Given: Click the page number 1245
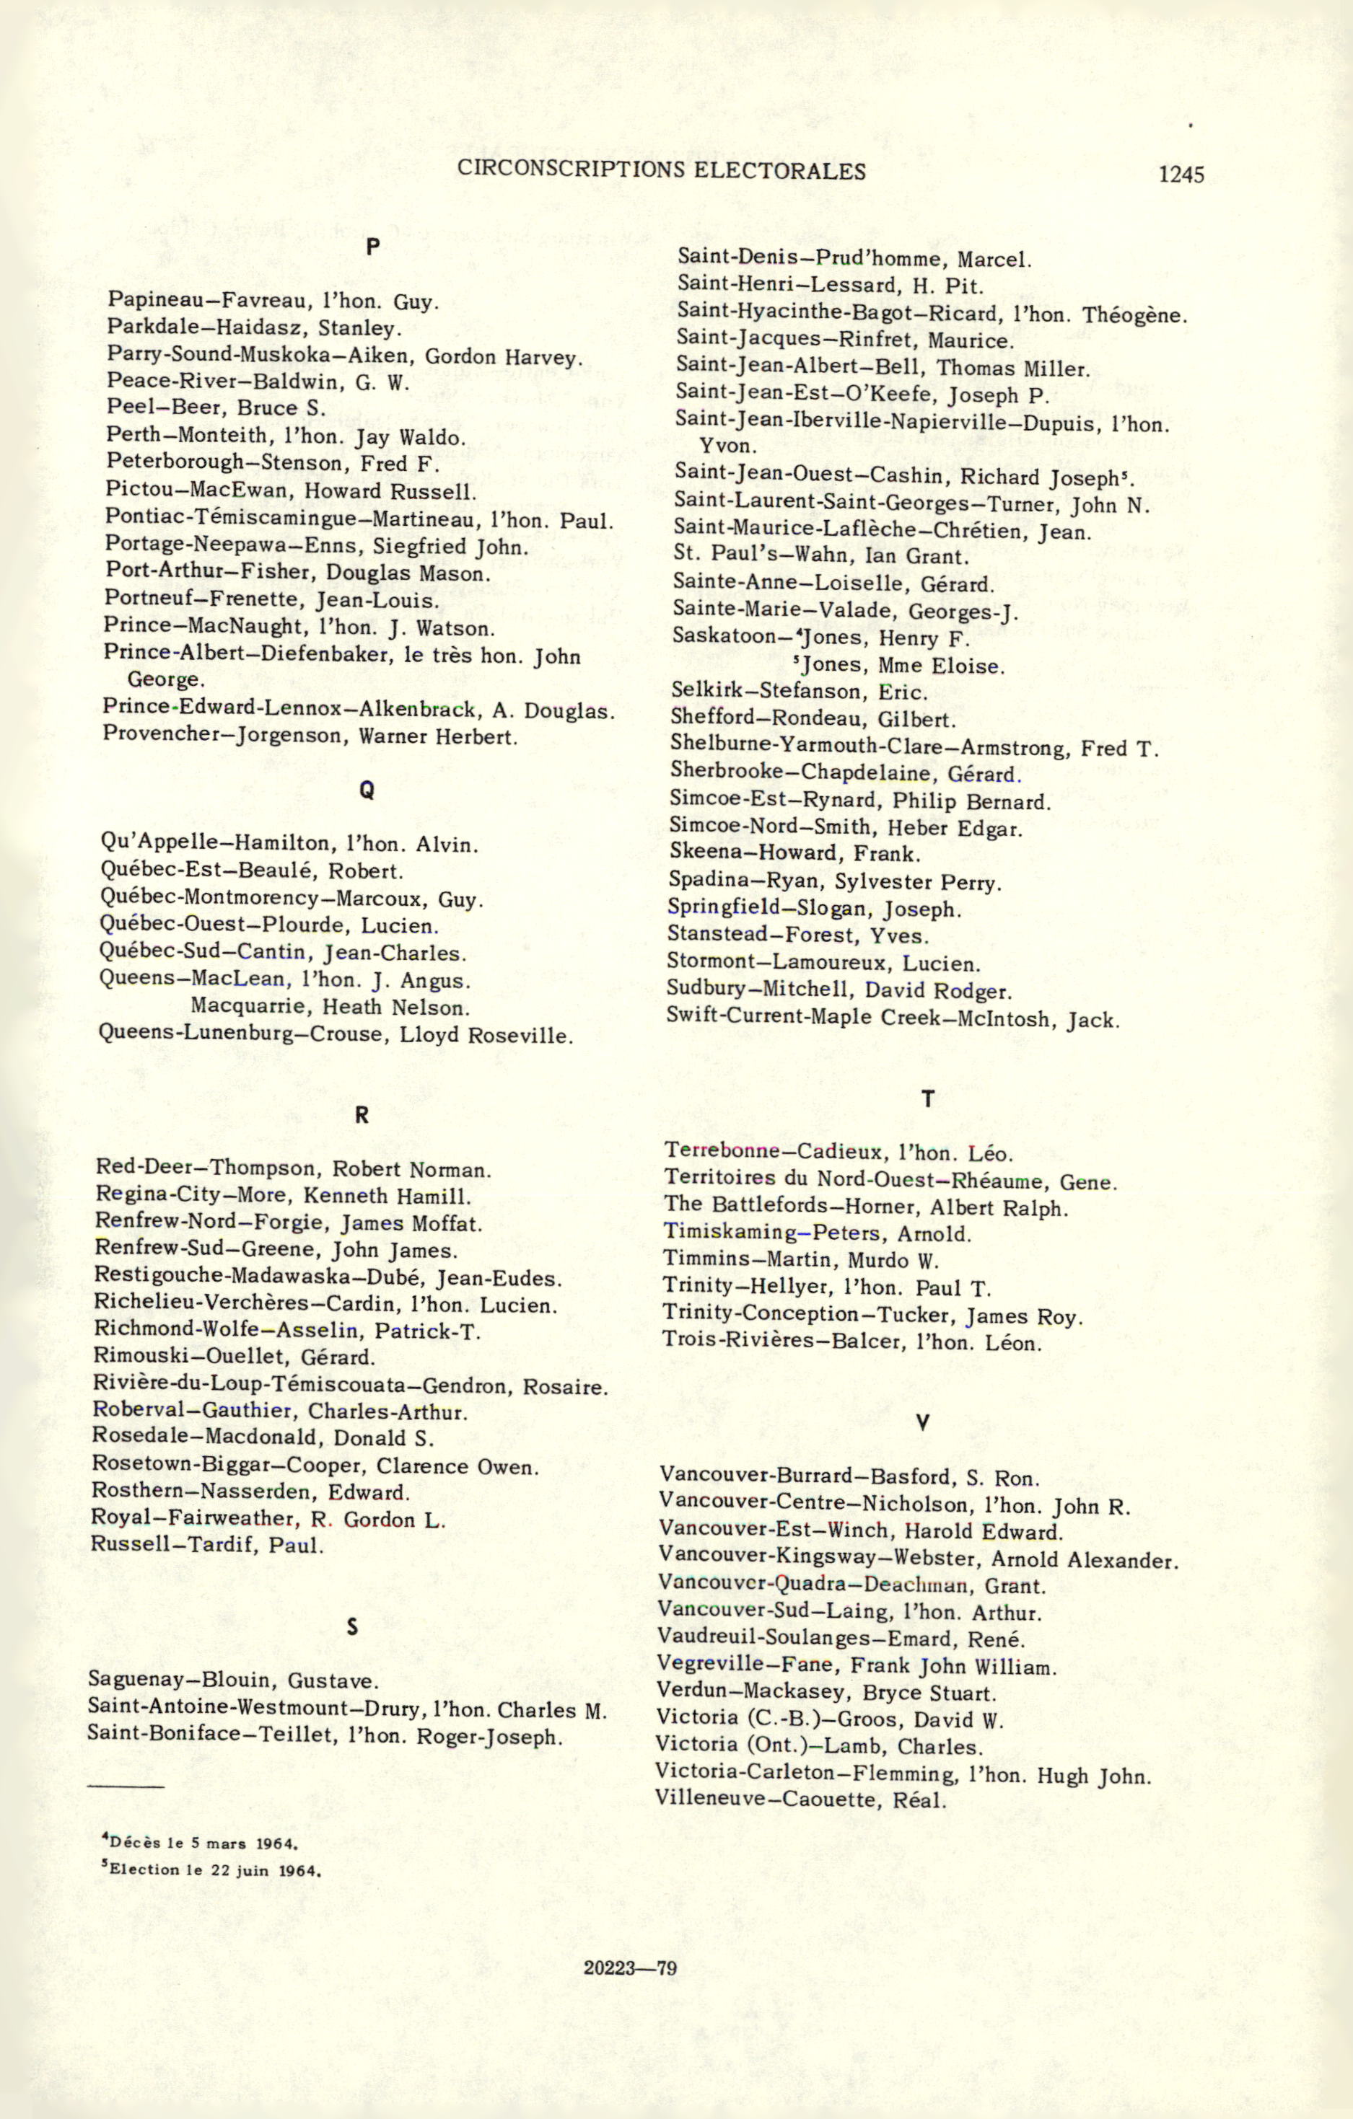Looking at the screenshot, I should [x=1181, y=175].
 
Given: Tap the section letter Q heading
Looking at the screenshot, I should [x=367, y=790].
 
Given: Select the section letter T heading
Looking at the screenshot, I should [x=927, y=1098].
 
